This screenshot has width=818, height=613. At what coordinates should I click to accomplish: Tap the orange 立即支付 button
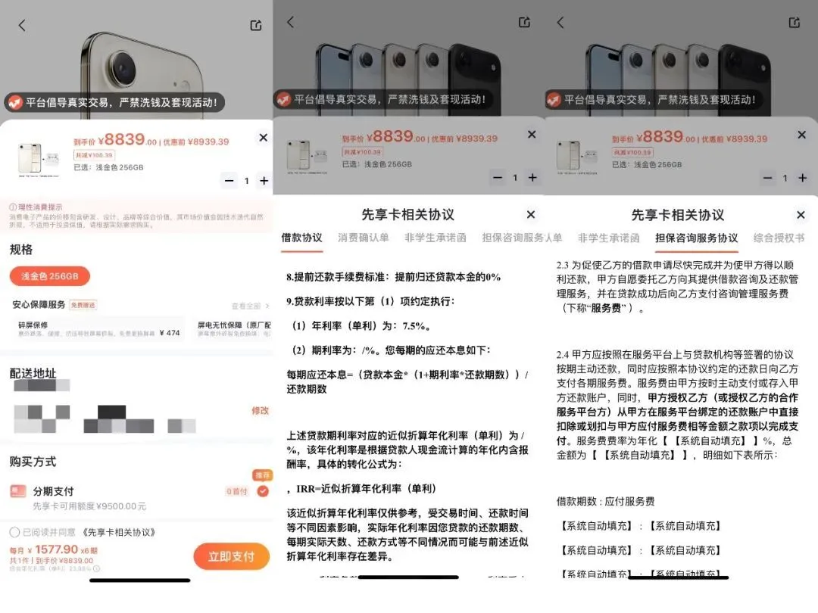[x=231, y=557]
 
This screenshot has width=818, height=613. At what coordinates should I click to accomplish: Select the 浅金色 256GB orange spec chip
[x=49, y=276]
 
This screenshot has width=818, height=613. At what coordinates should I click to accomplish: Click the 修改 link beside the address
[x=260, y=411]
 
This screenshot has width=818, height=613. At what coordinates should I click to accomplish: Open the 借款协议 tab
[x=301, y=238]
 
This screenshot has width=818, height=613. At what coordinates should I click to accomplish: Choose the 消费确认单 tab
[x=364, y=238]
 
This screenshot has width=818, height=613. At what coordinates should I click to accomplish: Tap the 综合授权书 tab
[x=779, y=238]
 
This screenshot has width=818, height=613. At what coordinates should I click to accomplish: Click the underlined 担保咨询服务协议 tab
[x=696, y=238]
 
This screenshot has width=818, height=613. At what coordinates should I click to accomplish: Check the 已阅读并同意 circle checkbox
[x=14, y=532]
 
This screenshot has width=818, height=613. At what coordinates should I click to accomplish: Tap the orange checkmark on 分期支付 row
[x=262, y=491]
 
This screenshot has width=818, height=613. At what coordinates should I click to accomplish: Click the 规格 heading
[x=21, y=250]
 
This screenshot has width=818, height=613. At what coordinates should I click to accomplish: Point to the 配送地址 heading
[x=33, y=373]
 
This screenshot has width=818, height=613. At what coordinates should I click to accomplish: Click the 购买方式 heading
[x=33, y=462]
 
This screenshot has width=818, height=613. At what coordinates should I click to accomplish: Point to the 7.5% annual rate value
[x=417, y=327]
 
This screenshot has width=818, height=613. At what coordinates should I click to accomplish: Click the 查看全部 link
[x=248, y=306]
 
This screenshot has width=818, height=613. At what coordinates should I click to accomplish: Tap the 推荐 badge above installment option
[x=262, y=475]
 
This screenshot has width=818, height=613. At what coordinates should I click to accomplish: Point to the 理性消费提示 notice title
[x=39, y=207]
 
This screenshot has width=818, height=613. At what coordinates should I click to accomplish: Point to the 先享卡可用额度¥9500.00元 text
[x=89, y=506]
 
